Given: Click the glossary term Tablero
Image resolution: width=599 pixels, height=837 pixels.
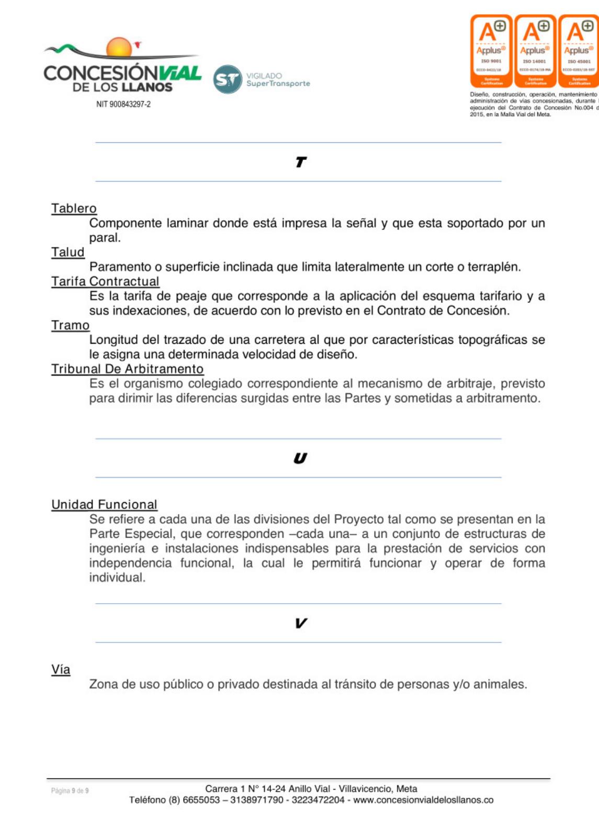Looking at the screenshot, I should click(74, 208).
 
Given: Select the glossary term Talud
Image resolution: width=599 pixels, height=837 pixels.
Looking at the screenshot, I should click(67, 252).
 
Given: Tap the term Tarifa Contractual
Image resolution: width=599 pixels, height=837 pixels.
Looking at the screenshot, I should click(105, 281).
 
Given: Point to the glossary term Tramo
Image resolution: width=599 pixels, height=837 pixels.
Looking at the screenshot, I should click(70, 325).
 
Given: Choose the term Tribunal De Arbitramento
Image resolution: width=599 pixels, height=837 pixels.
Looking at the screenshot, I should click(127, 369).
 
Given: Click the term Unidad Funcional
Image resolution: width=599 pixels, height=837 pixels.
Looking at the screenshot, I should click(104, 504).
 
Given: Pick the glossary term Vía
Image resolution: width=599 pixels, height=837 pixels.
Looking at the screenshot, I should click(61, 670).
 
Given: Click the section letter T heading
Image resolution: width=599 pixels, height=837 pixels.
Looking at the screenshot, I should click(300, 162).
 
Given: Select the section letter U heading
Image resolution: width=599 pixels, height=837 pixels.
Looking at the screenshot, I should click(300, 458).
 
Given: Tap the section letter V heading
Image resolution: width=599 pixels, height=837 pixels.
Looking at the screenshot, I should click(300, 623).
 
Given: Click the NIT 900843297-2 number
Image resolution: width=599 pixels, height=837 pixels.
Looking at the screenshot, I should click(123, 104).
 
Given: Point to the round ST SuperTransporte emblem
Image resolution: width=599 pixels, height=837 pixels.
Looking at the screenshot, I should click(228, 80).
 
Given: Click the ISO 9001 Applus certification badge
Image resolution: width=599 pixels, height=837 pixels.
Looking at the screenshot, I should click(491, 51).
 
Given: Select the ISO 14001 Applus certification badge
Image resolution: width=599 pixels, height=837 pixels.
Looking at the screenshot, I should click(535, 51).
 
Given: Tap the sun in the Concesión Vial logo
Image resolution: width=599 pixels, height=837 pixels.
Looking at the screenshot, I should click(119, 48).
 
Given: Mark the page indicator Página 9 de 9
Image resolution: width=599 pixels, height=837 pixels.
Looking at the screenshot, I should click(70, 790).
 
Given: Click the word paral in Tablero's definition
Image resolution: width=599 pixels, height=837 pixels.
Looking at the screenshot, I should click(104, 238).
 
